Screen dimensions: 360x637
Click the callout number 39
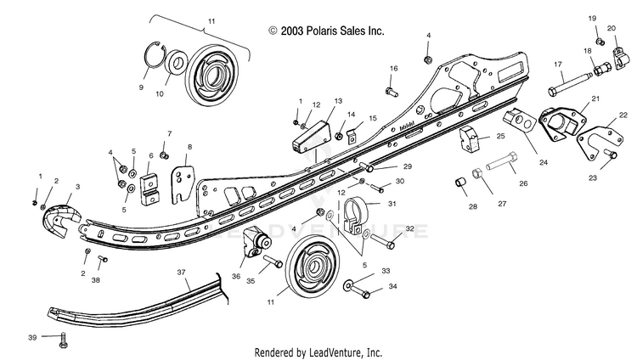33,338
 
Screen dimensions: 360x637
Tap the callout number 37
181,272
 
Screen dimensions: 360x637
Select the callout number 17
558,65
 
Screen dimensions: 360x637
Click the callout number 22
623,114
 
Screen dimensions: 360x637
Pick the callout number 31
392,203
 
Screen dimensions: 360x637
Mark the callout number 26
522,183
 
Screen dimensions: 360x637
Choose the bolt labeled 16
389,84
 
